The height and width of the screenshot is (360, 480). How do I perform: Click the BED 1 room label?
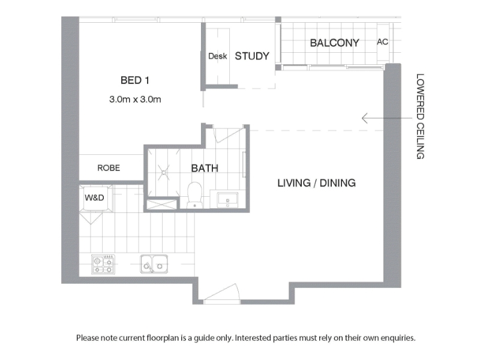coord(135,80)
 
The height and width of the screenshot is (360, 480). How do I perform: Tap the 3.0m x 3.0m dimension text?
coord(135,99)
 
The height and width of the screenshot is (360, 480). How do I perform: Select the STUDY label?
coord(252,56)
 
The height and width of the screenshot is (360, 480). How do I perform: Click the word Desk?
coord(218,56)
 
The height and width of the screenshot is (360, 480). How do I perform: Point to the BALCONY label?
coord(334,43)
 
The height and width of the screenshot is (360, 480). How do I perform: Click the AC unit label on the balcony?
coord(382,41)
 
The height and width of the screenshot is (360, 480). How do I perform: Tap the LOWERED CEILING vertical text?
coord(421,116)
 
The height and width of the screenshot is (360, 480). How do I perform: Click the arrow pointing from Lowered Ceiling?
coord(387,118)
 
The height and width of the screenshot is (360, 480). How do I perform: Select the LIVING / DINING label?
coord(317,183)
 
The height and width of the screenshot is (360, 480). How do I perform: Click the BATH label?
coord(205,168)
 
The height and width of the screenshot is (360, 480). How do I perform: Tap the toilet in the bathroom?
coord(194,195)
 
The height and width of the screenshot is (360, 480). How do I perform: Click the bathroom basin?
coord(227,199)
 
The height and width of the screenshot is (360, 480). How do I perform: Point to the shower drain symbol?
coord(164,173)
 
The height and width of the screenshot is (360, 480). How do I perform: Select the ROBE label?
coord(109,168)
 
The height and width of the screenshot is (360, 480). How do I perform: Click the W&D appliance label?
coord(94,198)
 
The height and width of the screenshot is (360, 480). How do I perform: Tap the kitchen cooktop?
coord(103,265)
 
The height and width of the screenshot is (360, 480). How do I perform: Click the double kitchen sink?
coord(154,264)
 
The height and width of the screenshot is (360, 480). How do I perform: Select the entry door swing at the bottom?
coord(222,293)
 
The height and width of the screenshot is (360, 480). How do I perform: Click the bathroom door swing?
coord(230,136)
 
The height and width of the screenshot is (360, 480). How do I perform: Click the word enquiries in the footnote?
coord(398,338)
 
